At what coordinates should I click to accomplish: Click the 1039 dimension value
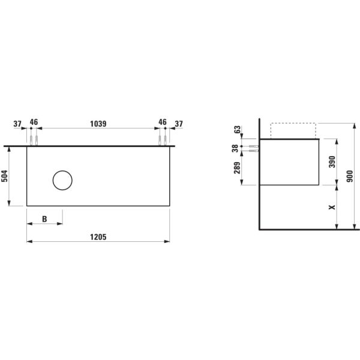[x=98, y=124]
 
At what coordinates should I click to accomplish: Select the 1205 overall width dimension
[x=98, y=237]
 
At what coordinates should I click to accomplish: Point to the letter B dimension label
[x=44, y=219]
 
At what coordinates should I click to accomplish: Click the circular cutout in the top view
[x=62, y=180]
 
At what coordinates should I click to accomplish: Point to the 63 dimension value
[x=237, y=129]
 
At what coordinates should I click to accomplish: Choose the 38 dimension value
[x=235, y=148]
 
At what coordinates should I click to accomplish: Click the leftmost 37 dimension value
[x=18, y=124]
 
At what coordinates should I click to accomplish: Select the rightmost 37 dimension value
[x=178, y=124]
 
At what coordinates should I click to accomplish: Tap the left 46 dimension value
[x=34, y=122]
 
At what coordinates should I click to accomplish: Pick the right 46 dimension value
[x=163, y=122]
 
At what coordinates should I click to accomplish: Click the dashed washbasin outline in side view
[x=293, y=130]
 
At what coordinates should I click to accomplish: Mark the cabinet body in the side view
[x=289, y=162]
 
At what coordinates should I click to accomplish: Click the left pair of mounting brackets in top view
[x=34, y=141]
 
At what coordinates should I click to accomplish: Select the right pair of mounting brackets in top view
[x=163, y=141]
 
